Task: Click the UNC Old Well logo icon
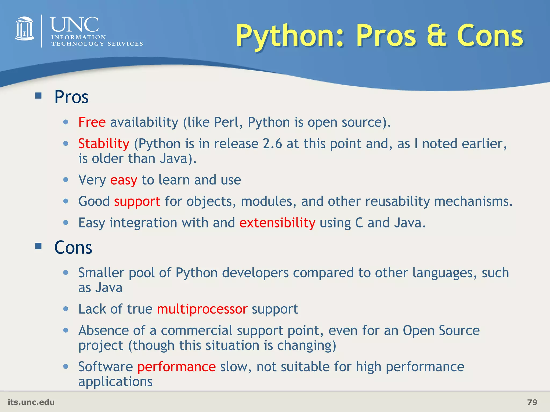pyautogui.click(x=24, y=29)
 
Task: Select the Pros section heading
pyautogui.click(x=71, y=97)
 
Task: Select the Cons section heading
pyautogui.click(x=73, y=247)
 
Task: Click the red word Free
pyautogui.click(x=92, y=122)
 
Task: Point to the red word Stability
pyautogui.click(x=104, y=144)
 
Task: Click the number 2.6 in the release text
pyautogui.click(x=272, y=144)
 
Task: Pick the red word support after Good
pyautogui.click(x=137, y=201)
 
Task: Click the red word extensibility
pyautogui.click(x=277, y=223)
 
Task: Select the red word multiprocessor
pyautogui.click(x=202, y=309)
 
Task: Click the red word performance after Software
pyautogui.click(x=176, y=367)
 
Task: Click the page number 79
pyautogui.click(x=532, y=402)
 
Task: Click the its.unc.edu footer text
pyautogui.click(x=31, y=402)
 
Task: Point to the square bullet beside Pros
pyautogui.click(x=38, y=95)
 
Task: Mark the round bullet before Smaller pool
pyautogui.click(x=66, y=273)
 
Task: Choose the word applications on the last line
pyautogui.click(x=115, y=381)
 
